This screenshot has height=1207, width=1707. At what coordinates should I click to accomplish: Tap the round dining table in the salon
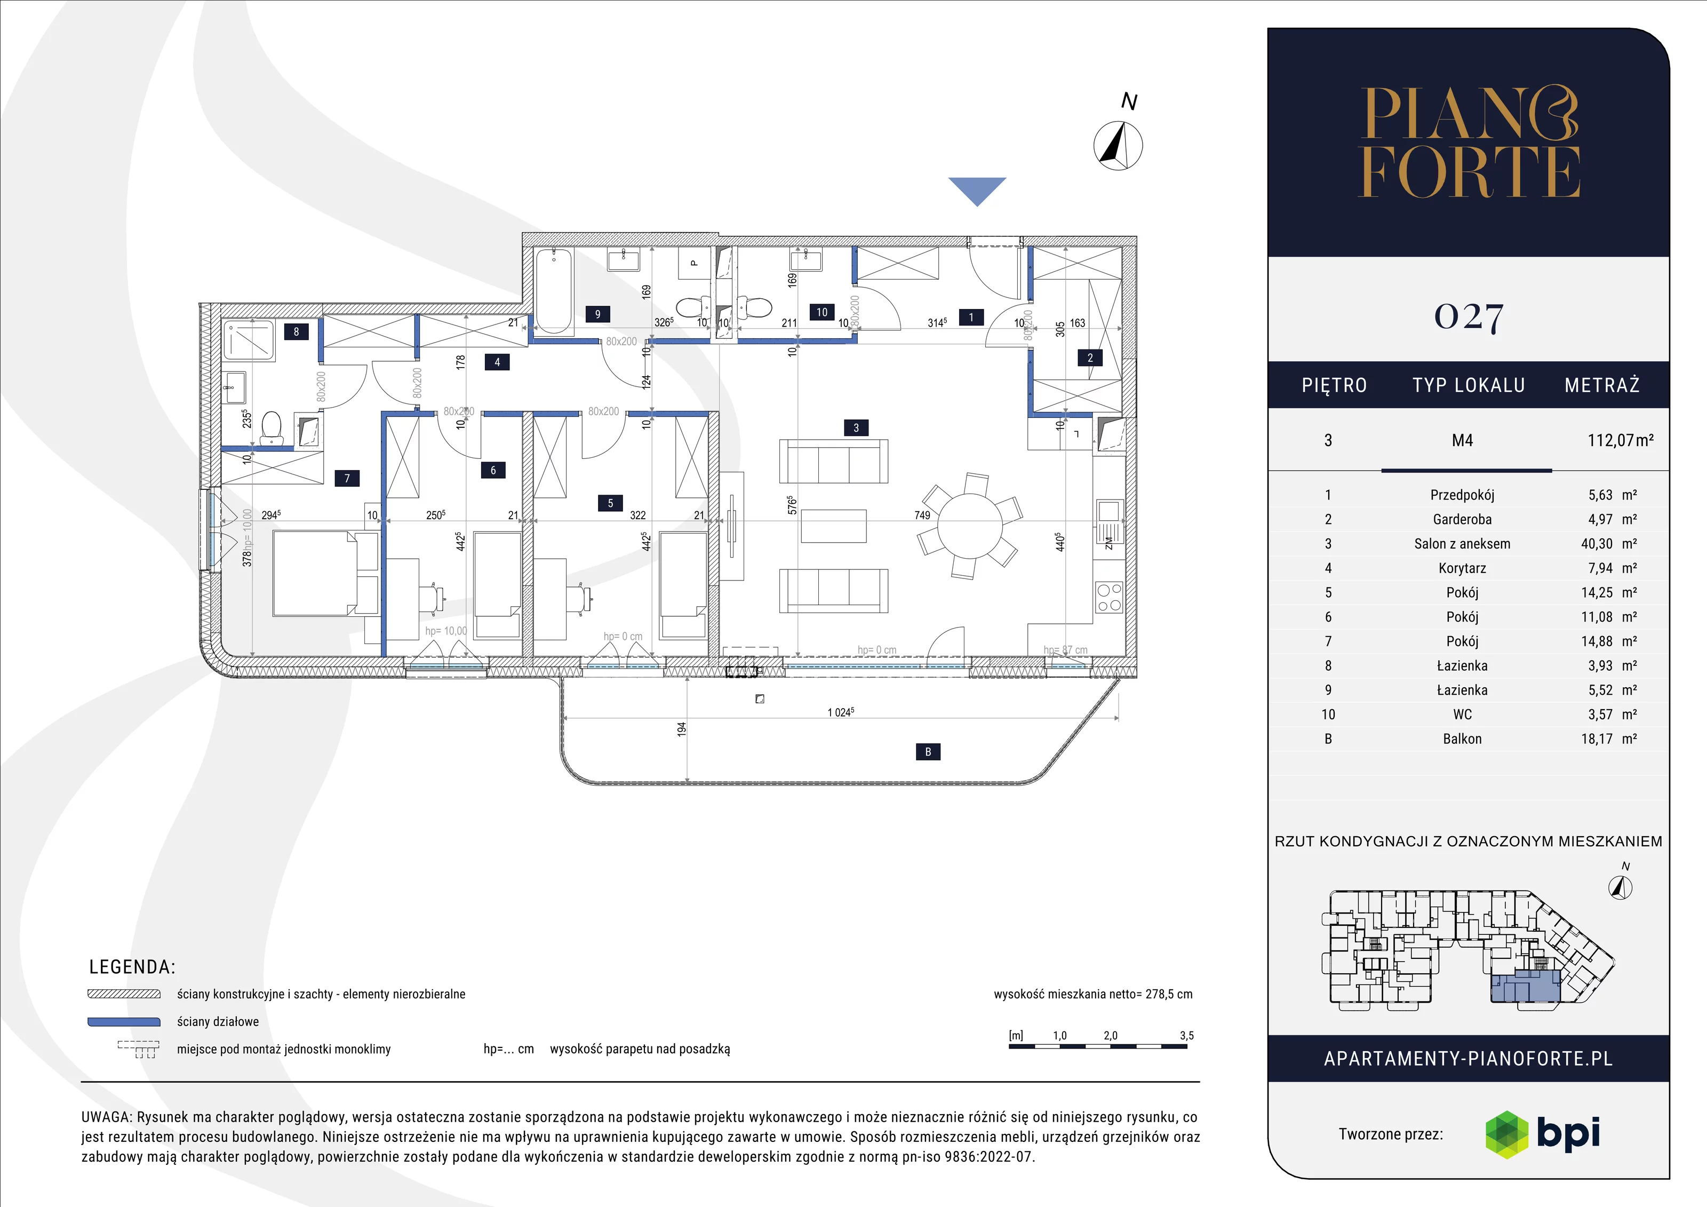coord(969,526)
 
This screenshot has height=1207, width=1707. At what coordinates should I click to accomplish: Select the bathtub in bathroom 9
coord(553,291)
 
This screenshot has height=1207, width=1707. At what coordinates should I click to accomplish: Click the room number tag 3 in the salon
coord(856,427)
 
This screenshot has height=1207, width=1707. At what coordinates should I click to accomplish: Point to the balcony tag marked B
coord(928,752)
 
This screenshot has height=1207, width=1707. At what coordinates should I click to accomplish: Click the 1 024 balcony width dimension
coord(841,712)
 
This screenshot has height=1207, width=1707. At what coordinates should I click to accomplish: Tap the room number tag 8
coord(296,332)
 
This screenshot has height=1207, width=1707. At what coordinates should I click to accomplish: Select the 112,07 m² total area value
coord(1620,440)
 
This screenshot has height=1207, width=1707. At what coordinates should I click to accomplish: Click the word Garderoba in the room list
coord(1462,519)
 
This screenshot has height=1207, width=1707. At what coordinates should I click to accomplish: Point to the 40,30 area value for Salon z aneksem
coord(1597,544)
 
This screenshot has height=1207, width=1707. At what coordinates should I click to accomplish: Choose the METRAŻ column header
coord(1602,385)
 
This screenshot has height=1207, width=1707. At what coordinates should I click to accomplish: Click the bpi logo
coord(1543,1134)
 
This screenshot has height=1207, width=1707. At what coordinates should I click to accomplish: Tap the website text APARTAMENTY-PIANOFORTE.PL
coord(1469,1059)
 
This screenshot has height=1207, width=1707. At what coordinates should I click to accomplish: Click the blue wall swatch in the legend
coord(124,1022)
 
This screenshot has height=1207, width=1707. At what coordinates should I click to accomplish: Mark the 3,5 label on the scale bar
coord(1186,1035)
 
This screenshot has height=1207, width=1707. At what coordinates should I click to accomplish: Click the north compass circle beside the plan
coord(1118,145)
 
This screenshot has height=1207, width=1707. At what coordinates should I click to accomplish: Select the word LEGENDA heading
coord(132,967)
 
